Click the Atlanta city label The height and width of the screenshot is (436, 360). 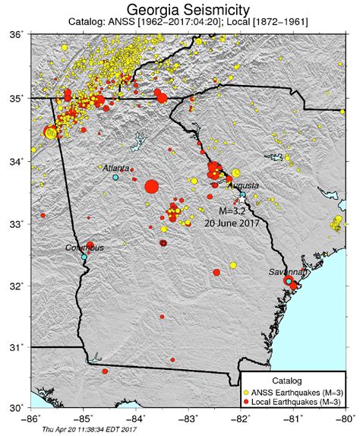pos(115,168)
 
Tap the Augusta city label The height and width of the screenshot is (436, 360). pos(242,185)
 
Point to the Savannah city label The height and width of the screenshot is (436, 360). pos(290,271)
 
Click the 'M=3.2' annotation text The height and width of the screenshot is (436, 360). pos(232,210)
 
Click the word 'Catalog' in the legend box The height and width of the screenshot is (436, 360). pos(289,379)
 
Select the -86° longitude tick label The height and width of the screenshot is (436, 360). pos(31,418)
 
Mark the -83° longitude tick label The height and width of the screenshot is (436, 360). pos(188,418)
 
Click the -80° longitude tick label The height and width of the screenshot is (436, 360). pos(346,418)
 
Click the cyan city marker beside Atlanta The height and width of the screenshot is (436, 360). pos(115,177)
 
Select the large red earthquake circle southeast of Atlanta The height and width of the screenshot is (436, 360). pos(150,185)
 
